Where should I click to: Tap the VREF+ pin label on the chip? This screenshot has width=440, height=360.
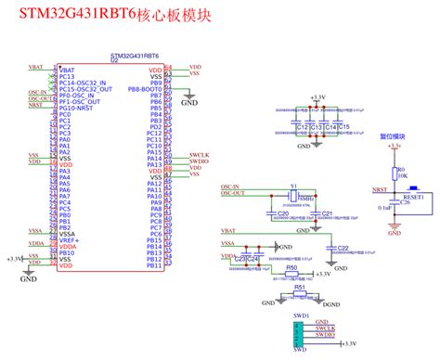click(x=70, y=239)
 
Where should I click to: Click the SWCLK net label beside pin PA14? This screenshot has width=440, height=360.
click(x=197, y=153)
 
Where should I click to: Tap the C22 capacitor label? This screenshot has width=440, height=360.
click(x=343, y=248)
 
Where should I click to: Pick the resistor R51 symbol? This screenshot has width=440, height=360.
click(x=299, y=295)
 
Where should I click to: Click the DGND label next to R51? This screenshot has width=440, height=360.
click(x=331, y=303)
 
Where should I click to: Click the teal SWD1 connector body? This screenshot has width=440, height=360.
click(x=299, y=331)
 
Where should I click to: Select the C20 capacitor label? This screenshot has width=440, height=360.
click(x=256, y=214)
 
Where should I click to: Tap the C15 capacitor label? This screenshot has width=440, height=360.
click(x=344, y=126)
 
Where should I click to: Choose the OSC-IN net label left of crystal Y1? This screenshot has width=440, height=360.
click(x=231, y=186)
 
